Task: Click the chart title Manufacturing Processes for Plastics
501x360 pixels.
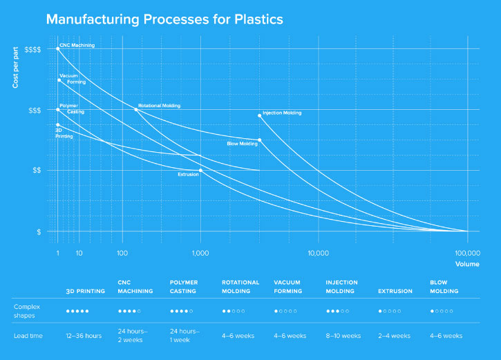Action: tap(164, 19)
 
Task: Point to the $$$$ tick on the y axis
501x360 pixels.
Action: tap(32, 49)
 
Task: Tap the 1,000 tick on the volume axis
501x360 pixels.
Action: tap(200, 254)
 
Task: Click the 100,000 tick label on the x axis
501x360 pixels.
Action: tap(467, 254)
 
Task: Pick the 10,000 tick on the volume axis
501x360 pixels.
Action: tap(318, 254)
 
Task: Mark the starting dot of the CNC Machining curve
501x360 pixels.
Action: tap(57, 49)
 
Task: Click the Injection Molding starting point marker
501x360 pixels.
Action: tap(260, 115)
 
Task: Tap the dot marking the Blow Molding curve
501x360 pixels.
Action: tap(260, 140)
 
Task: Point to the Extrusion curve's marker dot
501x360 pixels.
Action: tap(200, 170)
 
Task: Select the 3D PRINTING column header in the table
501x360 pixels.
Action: tap(85, 291)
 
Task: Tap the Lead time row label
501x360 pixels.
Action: tap(28, 336)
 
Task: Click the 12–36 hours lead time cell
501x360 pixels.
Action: tap(84, 336)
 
